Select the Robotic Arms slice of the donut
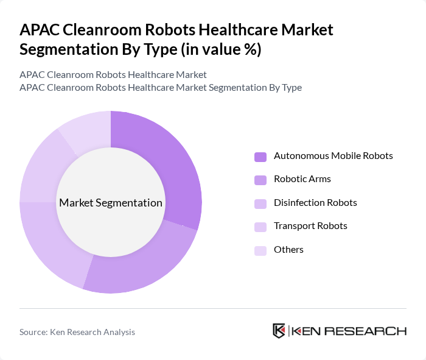click(143, 262)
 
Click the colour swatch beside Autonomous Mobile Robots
click(260, 157)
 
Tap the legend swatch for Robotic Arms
click(260, 180)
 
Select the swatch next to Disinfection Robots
click(260, 203)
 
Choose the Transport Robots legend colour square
click(260, 227)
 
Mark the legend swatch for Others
click(260, 250)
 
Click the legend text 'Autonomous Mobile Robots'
click(333, 156)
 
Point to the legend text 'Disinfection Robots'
click(315, 203)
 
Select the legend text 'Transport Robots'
click(310, 226)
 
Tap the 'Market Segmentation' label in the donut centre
click(111, 203)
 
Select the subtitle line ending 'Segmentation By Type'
click(161, 87)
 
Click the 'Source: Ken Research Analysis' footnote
click(77, 332)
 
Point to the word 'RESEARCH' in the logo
click(372, 331)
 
